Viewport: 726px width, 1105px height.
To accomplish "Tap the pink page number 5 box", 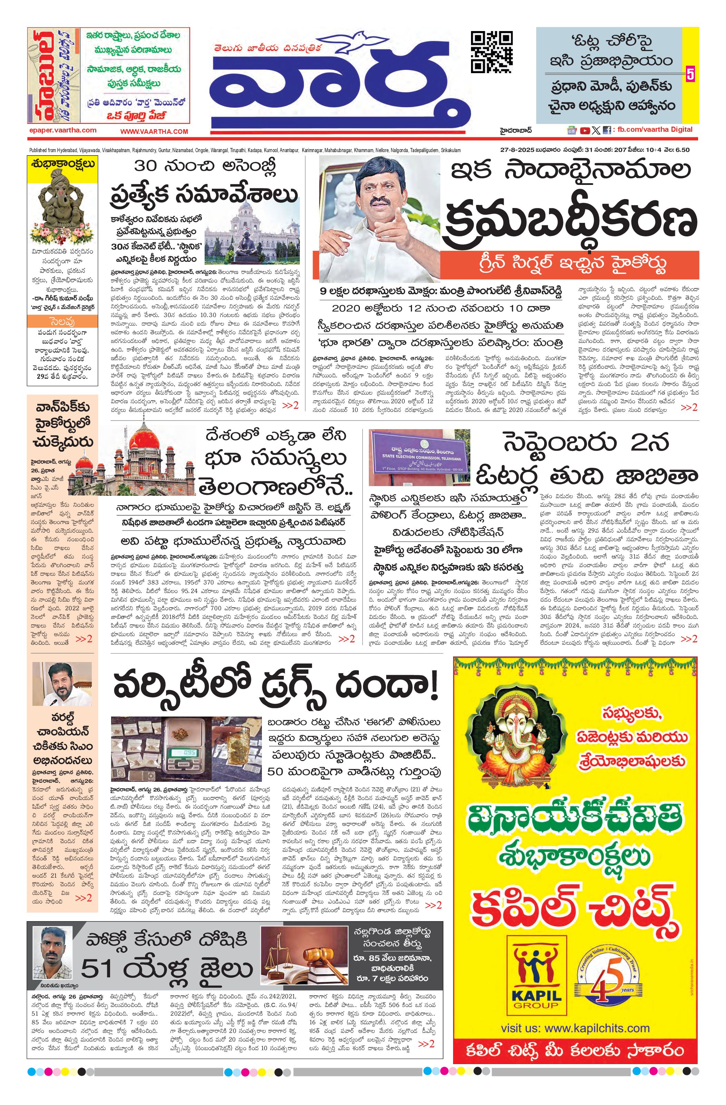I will click(x=690, y=74).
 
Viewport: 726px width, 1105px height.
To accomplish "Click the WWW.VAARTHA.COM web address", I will click(x=154, y=131).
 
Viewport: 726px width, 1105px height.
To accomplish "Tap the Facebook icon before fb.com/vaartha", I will click(x=606, y=131).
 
